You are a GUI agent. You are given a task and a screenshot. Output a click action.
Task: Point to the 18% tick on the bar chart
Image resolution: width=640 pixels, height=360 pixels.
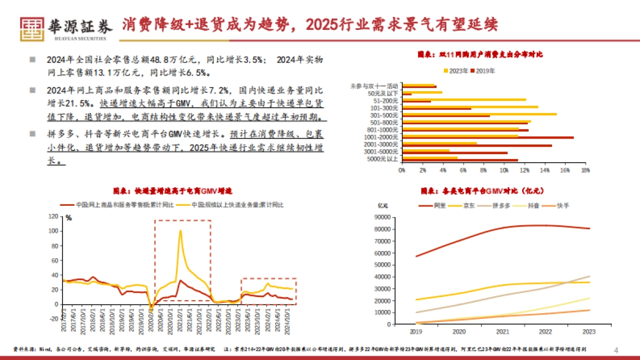[x=585, y=170]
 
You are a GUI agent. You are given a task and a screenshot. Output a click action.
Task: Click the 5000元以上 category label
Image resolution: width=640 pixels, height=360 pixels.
[x=385, y=159]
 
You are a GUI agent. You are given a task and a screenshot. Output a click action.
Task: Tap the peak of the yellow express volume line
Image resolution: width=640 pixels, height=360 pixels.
[x=180, y=231]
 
